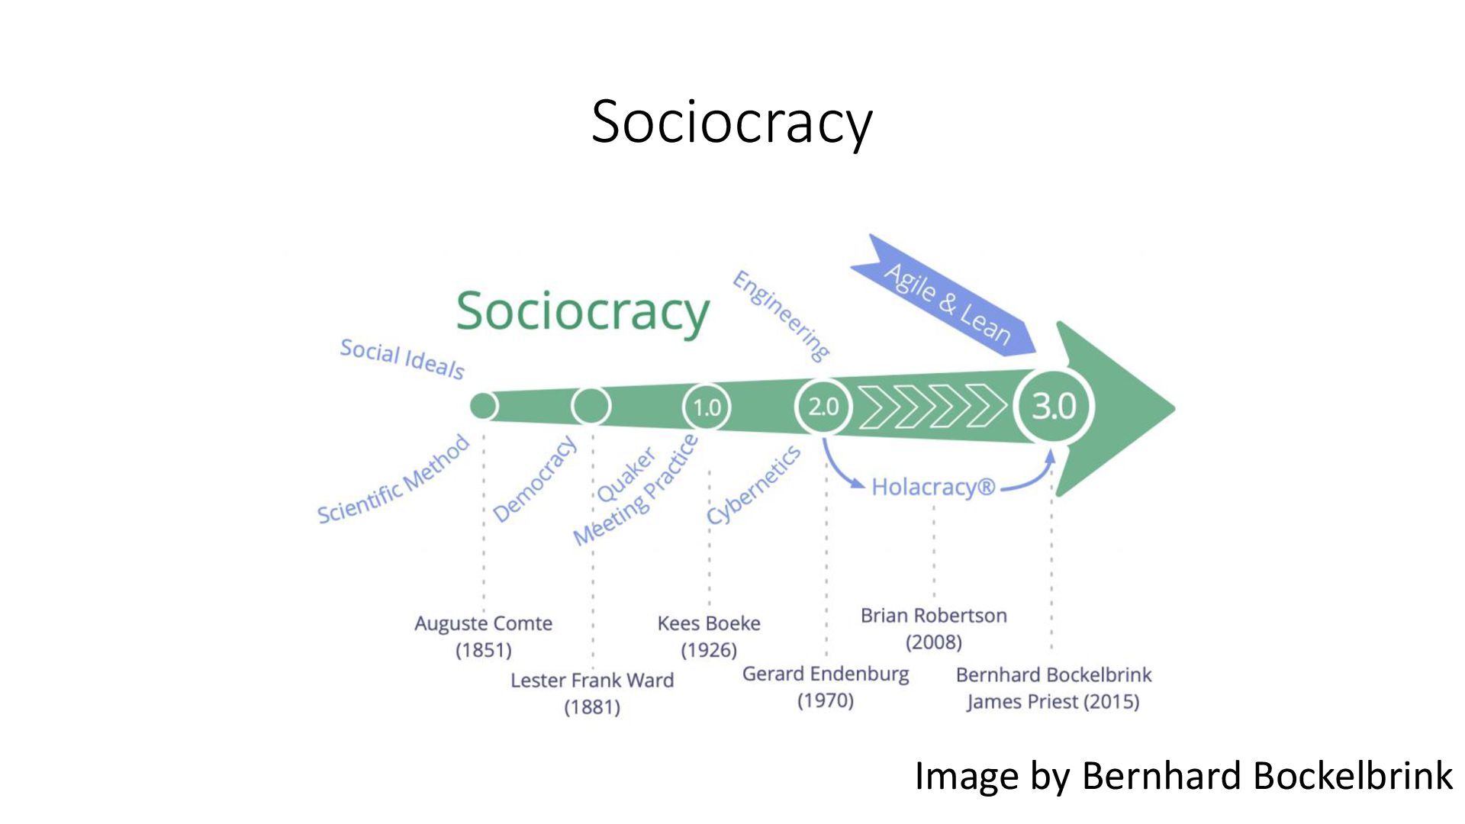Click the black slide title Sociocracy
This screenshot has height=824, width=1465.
point(731,122)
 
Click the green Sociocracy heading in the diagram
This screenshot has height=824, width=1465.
point(582,311)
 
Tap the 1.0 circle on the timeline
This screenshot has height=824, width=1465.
point(706,407)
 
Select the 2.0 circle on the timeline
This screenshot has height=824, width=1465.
point(823,407)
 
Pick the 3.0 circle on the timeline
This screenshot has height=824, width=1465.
point(1054,406)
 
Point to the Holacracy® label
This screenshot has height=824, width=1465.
point(932,487)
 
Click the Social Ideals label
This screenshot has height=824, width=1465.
point(402,359)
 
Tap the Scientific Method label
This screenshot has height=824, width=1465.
point(393,480)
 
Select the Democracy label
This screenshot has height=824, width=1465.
point(534,479)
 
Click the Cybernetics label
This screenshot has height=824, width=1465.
point(753,485)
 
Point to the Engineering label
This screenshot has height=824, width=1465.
point(781,315)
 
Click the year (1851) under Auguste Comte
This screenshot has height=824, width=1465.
point(483,650)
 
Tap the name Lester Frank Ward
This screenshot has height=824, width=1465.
point(592,680)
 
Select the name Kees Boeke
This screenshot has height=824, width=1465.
point(709,623)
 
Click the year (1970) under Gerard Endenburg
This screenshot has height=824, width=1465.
point(825,700)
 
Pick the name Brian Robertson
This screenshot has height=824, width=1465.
point(933,616)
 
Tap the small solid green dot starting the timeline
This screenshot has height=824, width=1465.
point(483,406)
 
